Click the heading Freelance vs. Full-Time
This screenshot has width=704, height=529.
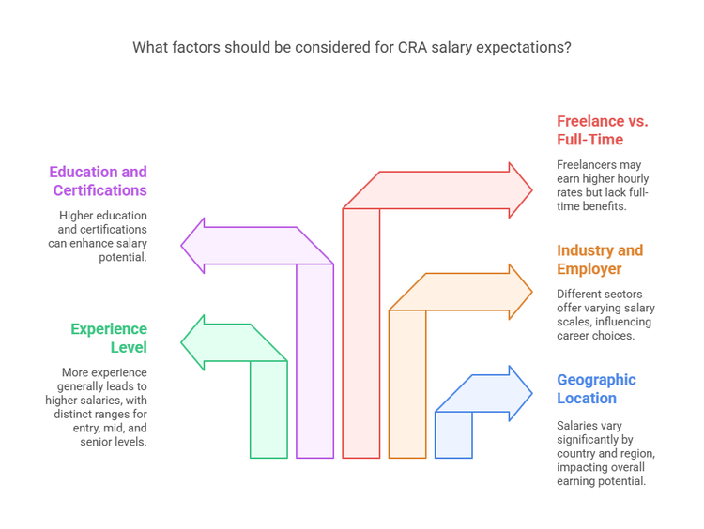tap(602, 130)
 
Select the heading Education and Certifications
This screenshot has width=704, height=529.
tap(99, 181)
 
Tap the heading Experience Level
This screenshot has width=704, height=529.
tap(109, 338)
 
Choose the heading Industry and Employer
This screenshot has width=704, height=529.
tap(600, 260)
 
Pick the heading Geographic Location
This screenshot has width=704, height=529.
tap(596, 389)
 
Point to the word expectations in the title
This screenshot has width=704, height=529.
tap(521, 46)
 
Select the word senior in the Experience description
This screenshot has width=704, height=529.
tap(99, 440)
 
